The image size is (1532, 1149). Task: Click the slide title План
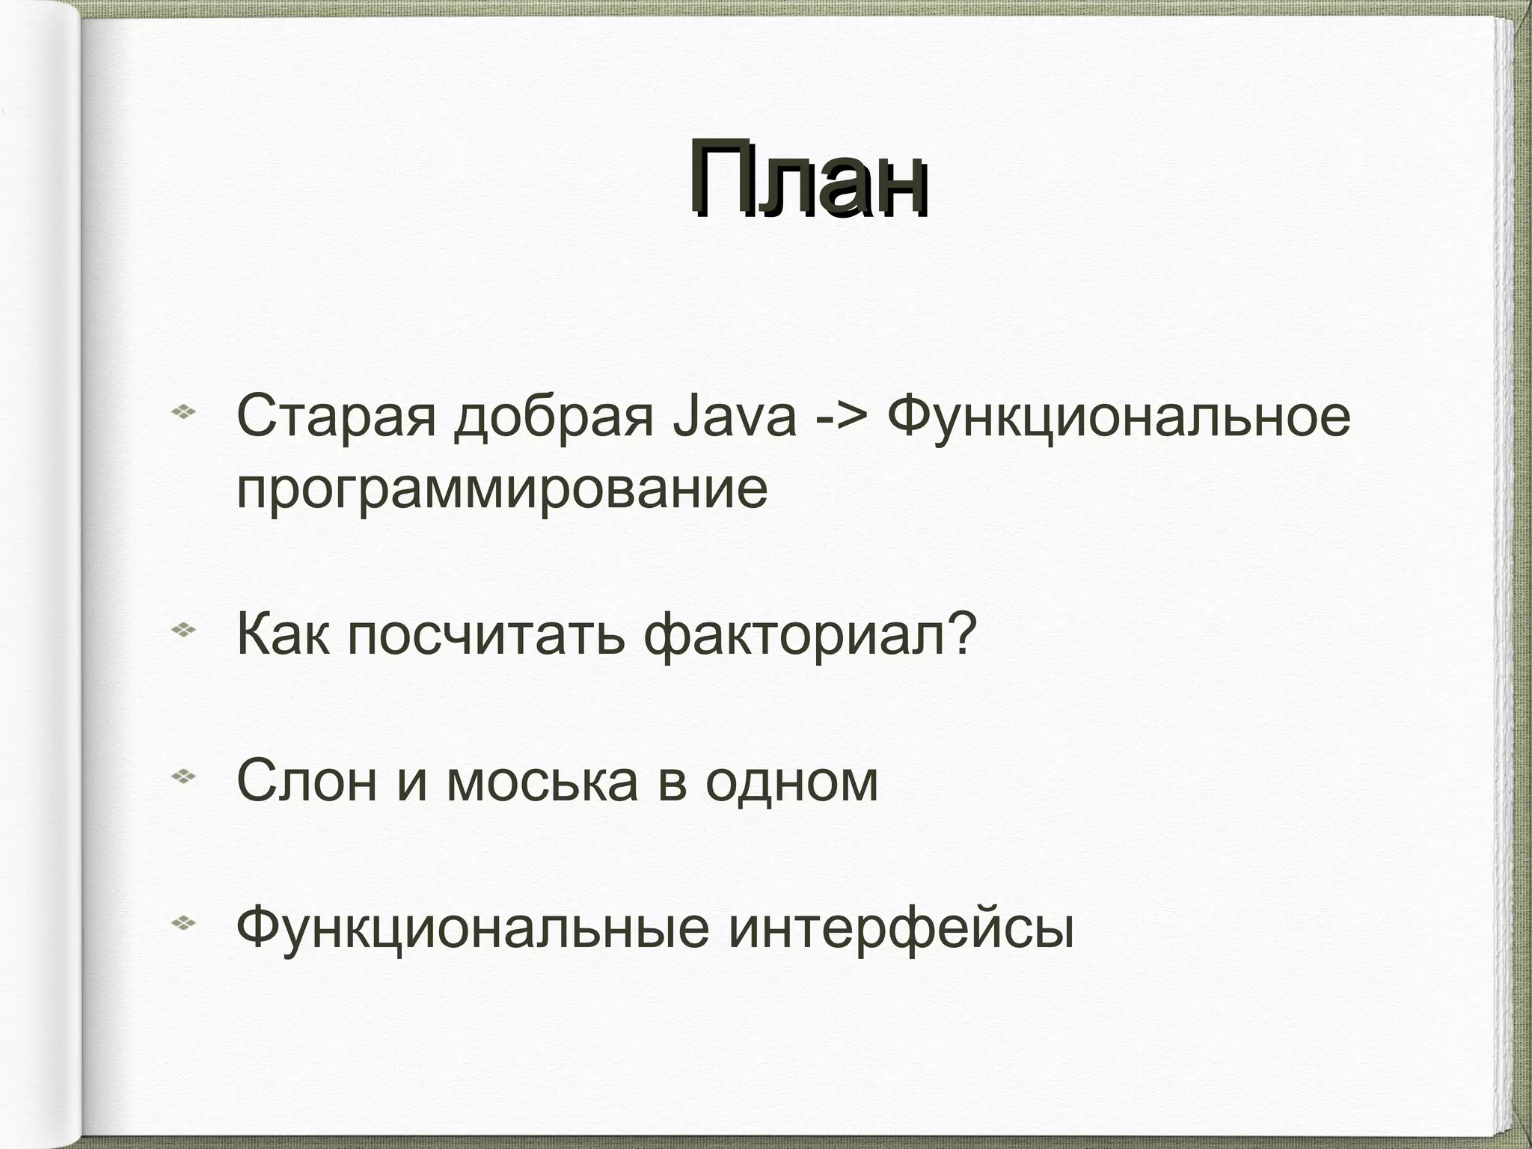808,180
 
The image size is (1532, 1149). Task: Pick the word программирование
502,491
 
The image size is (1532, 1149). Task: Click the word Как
282,634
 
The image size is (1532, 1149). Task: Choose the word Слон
307,781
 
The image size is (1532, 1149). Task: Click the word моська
542,781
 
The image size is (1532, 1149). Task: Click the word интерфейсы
901,928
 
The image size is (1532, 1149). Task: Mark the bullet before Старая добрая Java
183,411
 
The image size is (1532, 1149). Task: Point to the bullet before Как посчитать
183,631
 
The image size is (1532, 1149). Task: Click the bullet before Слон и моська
183,777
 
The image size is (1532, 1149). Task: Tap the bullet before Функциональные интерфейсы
183,924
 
